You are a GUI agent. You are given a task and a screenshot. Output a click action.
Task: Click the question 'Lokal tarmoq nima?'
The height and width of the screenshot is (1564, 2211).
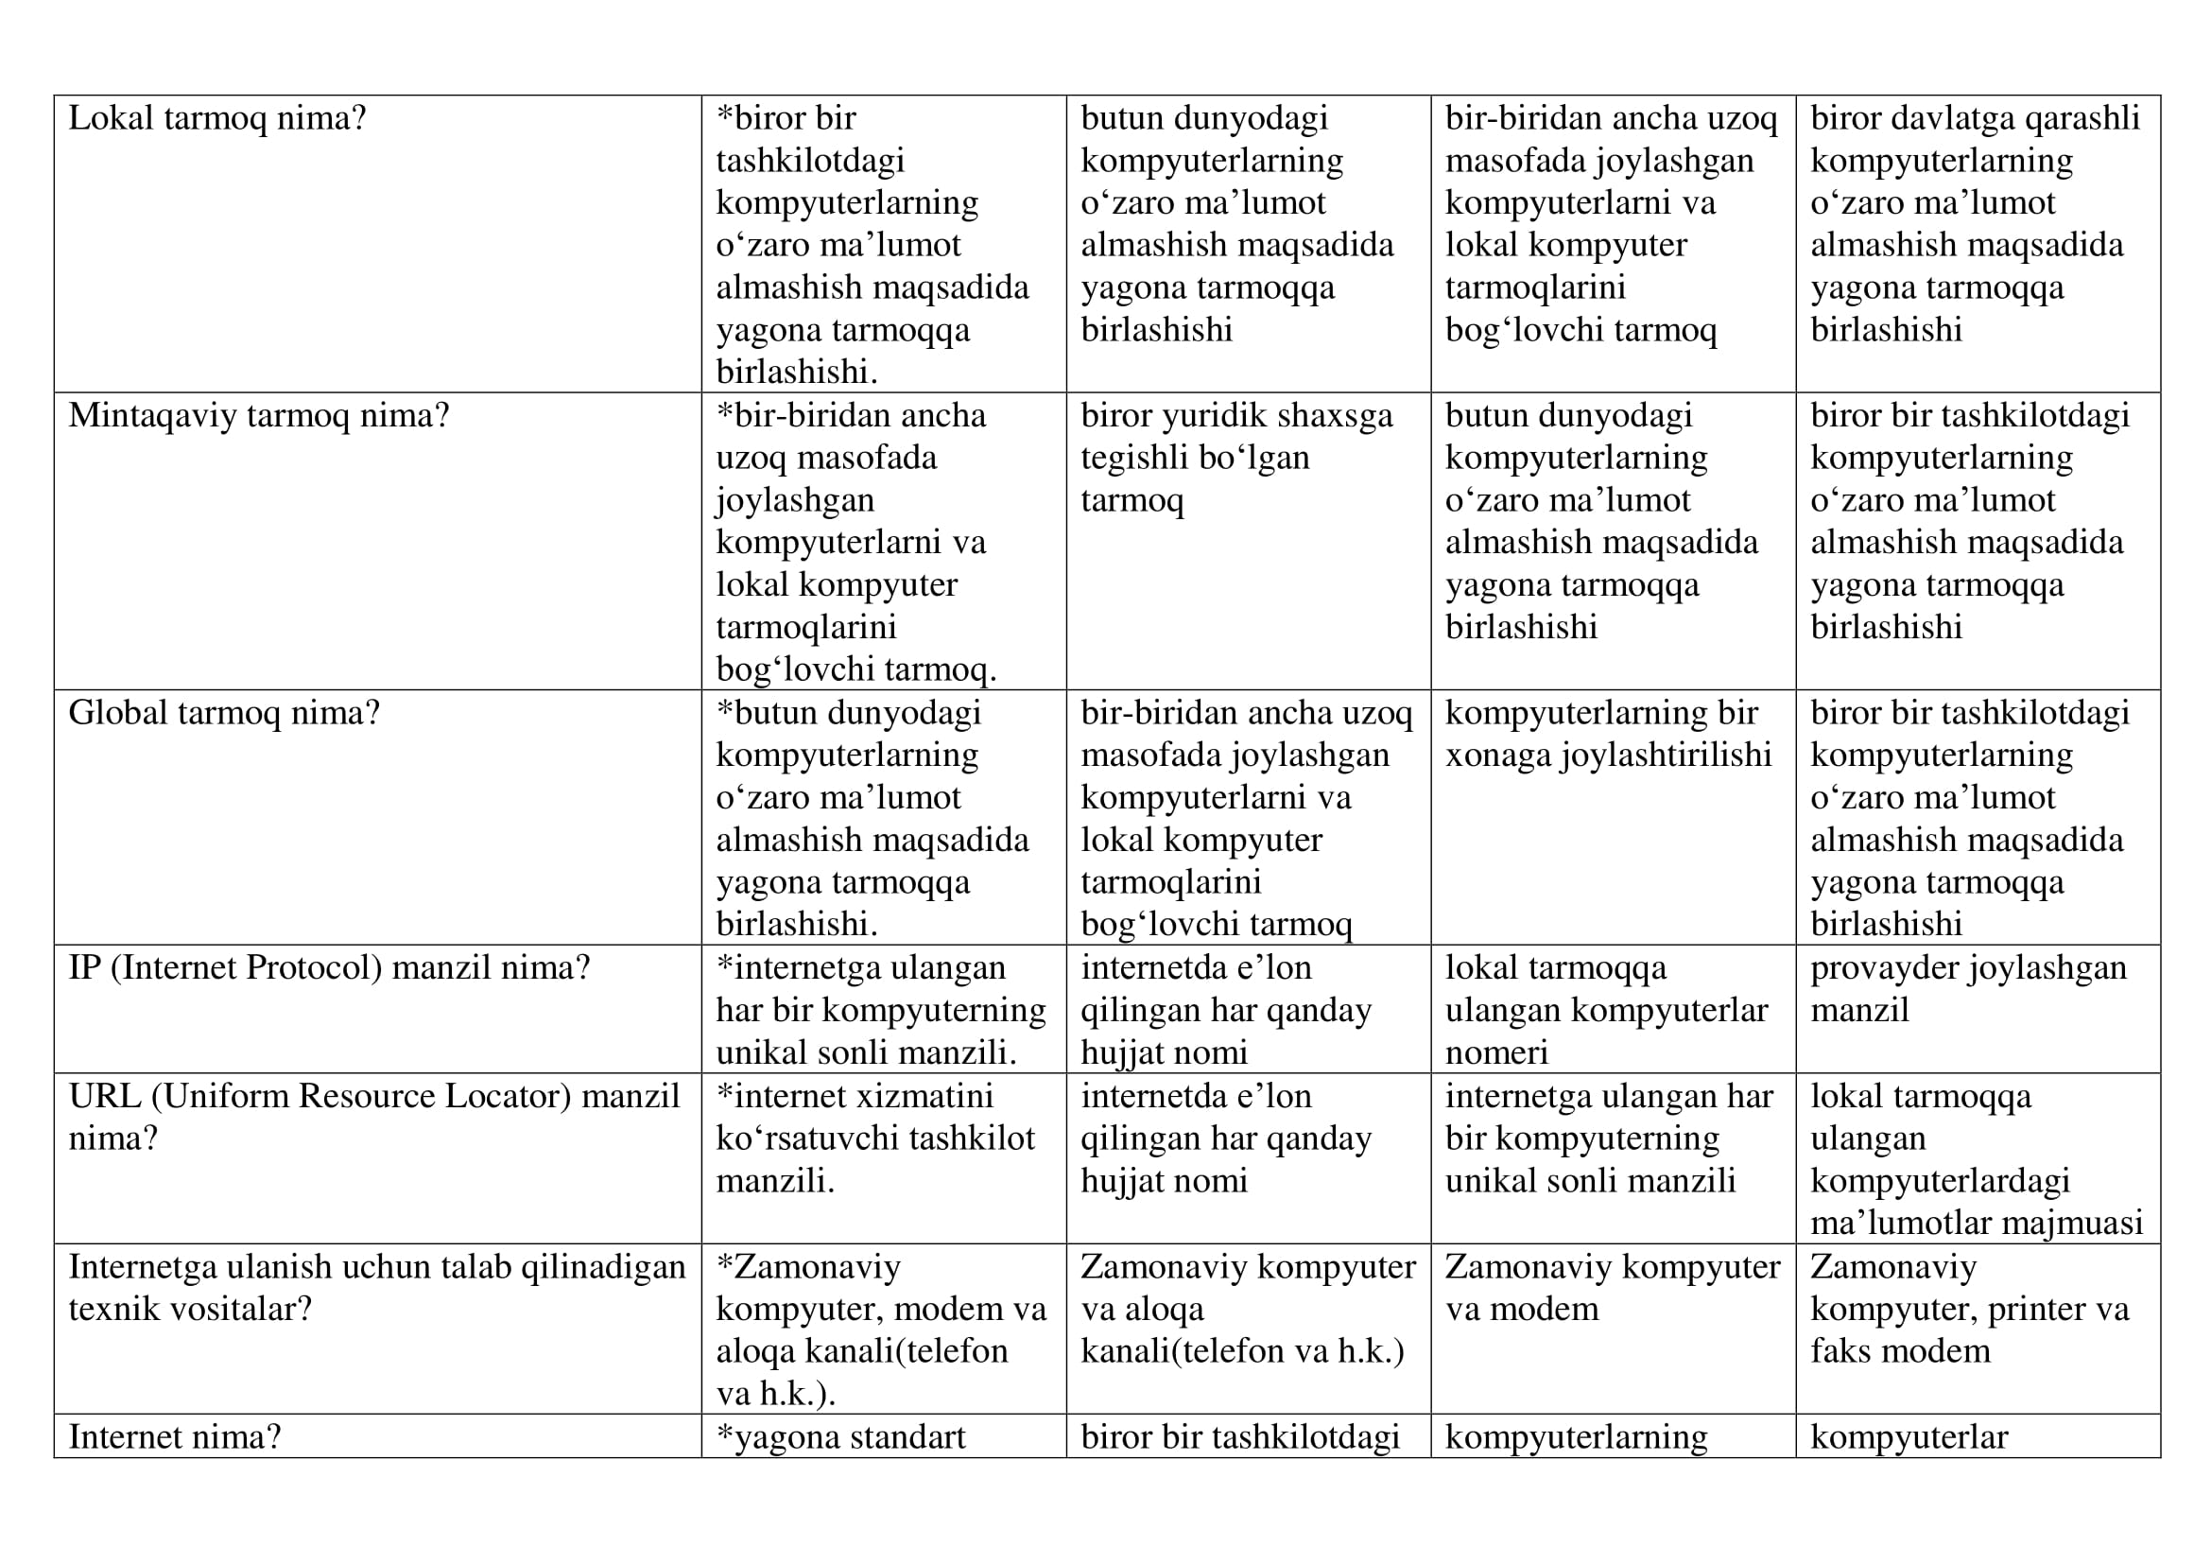[x=216, y=118]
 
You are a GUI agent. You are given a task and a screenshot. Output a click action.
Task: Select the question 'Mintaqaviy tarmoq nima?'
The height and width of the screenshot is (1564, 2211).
[x=258, y=416]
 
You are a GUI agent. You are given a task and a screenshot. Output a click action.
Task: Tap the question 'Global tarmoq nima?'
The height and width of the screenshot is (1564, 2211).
[x=223, y=714]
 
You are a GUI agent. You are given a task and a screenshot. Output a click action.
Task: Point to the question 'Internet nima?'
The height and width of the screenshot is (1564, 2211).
[x=174, y=1437]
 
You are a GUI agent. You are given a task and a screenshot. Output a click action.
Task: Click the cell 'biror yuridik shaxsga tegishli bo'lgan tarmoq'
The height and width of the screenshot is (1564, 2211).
[x=1236, y=459]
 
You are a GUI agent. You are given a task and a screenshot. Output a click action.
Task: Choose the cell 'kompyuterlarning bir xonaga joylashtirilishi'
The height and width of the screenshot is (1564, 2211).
[x=1608, y=735]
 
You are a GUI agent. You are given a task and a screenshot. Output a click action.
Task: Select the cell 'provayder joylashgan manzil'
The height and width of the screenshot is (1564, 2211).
[x=1967, y=989]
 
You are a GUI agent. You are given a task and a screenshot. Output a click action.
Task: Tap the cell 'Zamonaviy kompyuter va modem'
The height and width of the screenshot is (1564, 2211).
[x=1612, y=1288]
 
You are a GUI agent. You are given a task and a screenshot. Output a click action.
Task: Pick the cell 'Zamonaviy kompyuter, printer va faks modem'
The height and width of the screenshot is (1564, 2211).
[x=1969, y=1309]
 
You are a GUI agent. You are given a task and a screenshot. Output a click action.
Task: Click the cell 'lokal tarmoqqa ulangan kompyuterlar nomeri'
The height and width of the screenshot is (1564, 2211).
[x=1606, y=1010]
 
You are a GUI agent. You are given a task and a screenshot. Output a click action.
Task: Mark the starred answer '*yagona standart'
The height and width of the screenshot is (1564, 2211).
[x=840, y=1437]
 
